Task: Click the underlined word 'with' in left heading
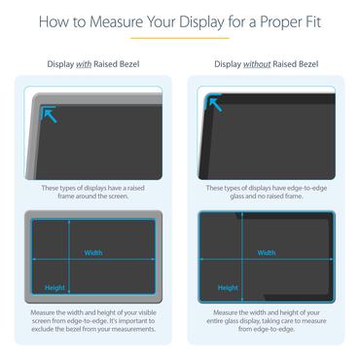83,64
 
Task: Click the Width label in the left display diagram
92,253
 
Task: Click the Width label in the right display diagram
266,252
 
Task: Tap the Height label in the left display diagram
54,287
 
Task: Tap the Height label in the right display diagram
228,287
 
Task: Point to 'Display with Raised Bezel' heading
92,64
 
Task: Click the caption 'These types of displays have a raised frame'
92,192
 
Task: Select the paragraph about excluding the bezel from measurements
92,320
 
